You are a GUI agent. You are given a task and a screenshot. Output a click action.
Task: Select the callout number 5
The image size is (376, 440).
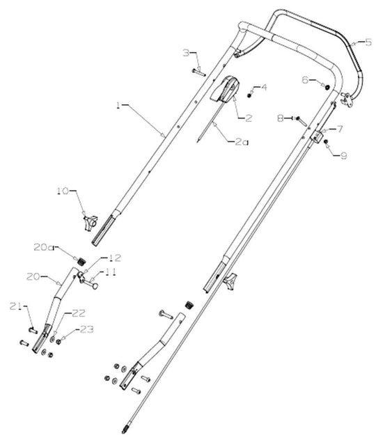[x=368, y=41]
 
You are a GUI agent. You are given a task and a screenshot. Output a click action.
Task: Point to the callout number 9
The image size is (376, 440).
[x=343, y=156]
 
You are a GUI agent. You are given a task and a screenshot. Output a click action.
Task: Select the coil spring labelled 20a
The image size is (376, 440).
[x=81, y=261]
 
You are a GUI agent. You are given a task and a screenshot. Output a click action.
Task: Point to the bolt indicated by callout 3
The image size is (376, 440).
[x=198, y=69]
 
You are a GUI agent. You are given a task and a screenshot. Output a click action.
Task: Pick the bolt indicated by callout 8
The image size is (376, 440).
[x=300, y=120]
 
